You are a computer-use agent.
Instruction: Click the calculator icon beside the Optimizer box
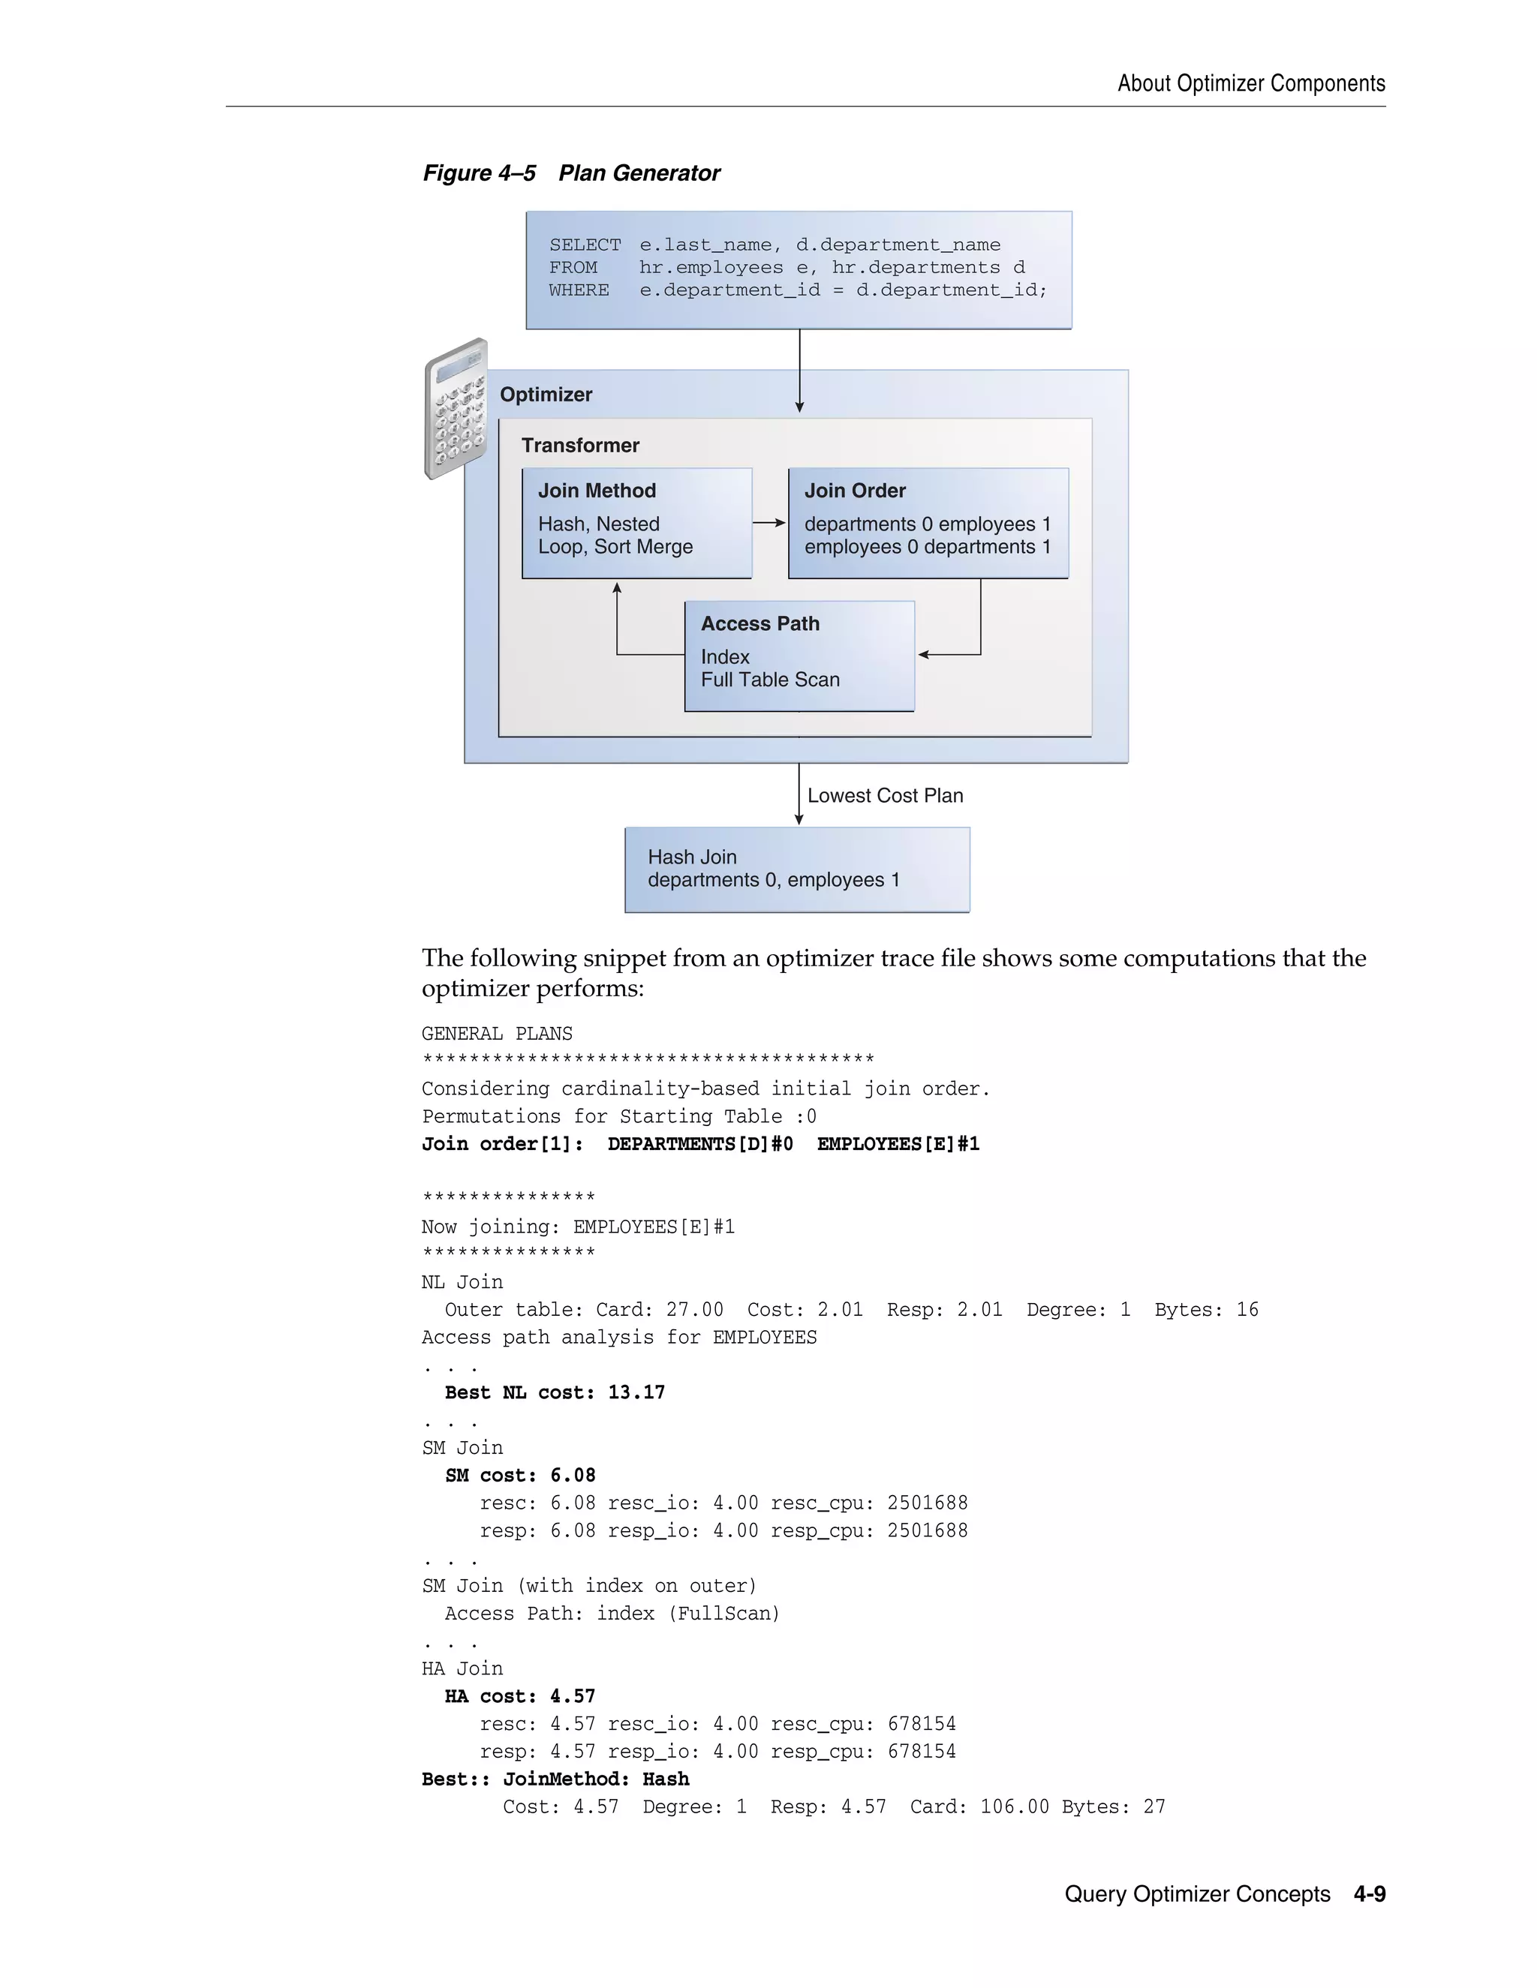click(x=456, y=409)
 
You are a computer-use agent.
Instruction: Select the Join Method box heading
click(x=597, y=491)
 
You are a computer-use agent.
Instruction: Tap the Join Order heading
click(x=855, y=491)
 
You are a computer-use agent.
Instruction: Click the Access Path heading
click(x=760, y=623)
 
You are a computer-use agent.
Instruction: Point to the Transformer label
click(x=580, y=445)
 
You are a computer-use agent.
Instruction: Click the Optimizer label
click(x=546, y=394)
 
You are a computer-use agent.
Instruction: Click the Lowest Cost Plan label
click(x=885, y=795)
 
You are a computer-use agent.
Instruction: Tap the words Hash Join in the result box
click(x=692, y=857)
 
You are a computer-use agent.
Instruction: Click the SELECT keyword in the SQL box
click(x=585, y=245)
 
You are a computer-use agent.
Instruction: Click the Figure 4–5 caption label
click(x=479, y=173)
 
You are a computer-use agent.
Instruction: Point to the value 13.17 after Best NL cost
click(x=636, y=1392)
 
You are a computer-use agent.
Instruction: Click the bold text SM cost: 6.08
click(x=520, y=1476)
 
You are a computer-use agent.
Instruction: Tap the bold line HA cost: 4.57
click(x=520, y=1697)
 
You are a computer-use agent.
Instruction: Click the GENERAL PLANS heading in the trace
click(x=497, y=1034)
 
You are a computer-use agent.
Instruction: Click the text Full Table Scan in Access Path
click(x=770, y=680)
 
